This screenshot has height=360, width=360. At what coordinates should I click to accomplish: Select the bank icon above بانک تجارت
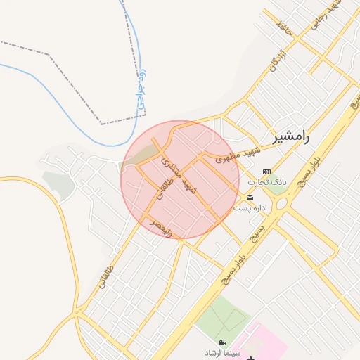click(x=266, y=172)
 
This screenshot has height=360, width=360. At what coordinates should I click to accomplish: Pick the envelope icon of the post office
click(x=250, y=197)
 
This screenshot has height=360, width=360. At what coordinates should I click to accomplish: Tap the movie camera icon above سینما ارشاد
click(x=223, y=342)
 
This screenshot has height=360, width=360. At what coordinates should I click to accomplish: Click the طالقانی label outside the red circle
click(x=102, y=282)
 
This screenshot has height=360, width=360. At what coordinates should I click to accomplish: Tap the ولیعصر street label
click(x=161, y=227)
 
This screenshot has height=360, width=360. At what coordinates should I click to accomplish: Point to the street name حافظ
click(x=283, y=29)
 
